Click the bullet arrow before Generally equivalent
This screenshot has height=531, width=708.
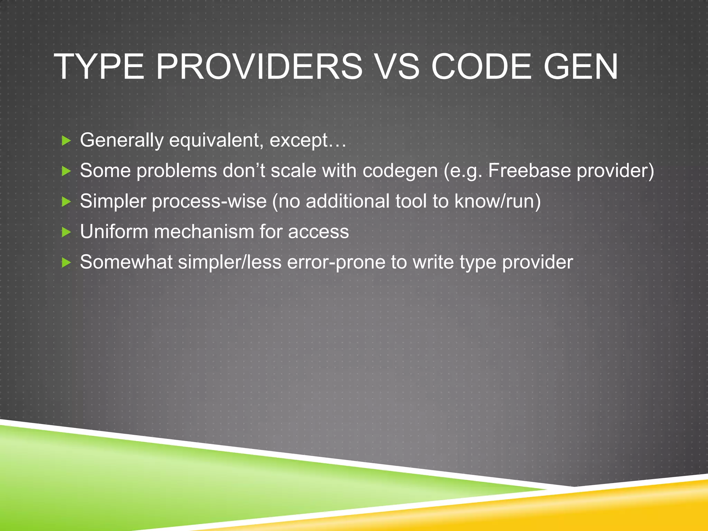click(x=66, y=141)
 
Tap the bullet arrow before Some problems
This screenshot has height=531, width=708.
click(x=66, y=171)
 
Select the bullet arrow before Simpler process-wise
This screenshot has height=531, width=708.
click(x=66, y=202)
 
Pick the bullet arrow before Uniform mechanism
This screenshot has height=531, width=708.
click(x=66, y=232)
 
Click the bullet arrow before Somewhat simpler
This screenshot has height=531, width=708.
click(x=66, y=263)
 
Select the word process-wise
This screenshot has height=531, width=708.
click(x=209, y=201)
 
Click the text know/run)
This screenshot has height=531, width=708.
click(x=497, y=201)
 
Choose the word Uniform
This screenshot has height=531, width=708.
click(x=114, y=231)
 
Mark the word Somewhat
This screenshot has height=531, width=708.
click(x=126, y=262)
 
